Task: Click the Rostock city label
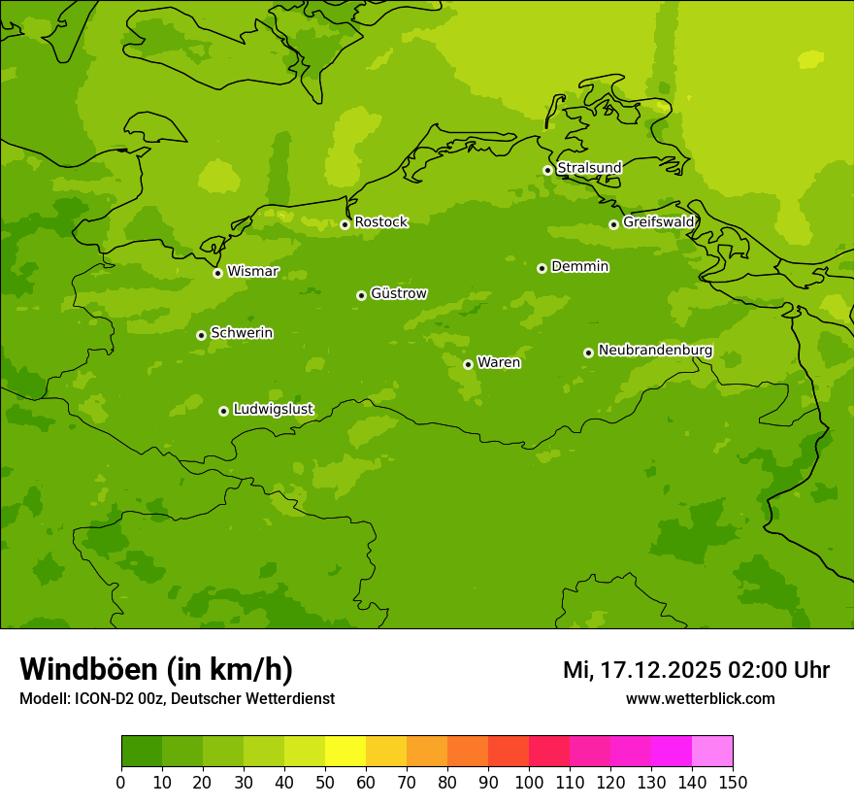[x=380, y=222]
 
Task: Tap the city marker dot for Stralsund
[x=547, y=170]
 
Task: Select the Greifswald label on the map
[x=658, y=222]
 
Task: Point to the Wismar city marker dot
[x=217, y=273]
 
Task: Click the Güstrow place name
[x=398, y=293]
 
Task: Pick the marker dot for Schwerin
[x=201, y=335]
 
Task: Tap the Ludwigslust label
[x=273, y=410]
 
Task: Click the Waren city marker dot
[x=468, y=364]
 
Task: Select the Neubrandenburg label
[x=655, y=351]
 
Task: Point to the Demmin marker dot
[x=542, y=268]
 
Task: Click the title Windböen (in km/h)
[x=156, y=669]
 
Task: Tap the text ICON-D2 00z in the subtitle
[x=120, y=699]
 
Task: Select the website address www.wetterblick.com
[x=700, y=699]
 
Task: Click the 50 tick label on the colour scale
[x=325, y=782]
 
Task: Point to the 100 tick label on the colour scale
[x=529, y=782]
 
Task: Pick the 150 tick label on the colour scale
[x=733, y=782]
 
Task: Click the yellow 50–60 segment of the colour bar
[x=345, y=752]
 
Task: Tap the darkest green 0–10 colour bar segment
[x=142, y=752]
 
